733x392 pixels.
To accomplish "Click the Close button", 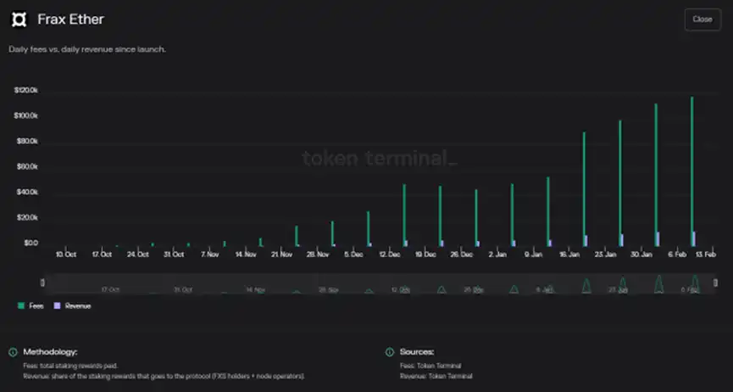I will tap(702, 19).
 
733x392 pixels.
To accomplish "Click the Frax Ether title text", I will tap(70, 19).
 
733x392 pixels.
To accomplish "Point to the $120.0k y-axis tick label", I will tap(26, 90).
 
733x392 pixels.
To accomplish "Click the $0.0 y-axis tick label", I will tap(30, 243).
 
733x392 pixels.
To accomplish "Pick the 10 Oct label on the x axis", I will tap(66, 254).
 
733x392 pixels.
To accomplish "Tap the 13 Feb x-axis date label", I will tap(707, 254).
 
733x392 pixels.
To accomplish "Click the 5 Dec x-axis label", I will tap(353, 254).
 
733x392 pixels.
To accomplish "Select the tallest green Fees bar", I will tap(692, 170).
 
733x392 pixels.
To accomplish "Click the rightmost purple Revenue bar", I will tap(694, 238).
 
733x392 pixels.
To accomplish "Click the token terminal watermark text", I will tap(379, 158).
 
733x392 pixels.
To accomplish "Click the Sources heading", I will tap(417, 351).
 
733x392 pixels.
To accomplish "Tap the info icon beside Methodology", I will tap(13, 351).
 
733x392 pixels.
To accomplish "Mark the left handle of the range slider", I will tap(42, 283).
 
